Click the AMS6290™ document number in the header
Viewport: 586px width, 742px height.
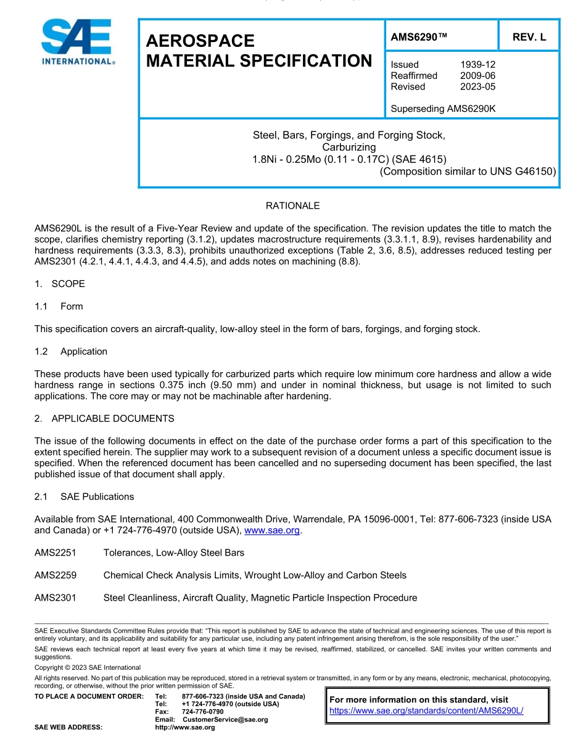(x=419, y=37)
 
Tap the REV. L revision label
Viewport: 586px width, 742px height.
(x=529, y=37)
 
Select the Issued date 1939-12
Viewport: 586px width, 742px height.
(x=477, y=64)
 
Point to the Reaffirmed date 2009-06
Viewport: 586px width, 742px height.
(x=477, y=75)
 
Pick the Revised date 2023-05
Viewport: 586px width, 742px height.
(x=477, y=86)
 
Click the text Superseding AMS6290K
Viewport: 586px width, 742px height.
(x=443, y=109)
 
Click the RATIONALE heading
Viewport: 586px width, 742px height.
(x=292, y=206)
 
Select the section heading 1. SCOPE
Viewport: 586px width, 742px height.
(x=60, y=284)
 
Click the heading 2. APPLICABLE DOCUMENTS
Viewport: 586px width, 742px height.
(x=104, y=419)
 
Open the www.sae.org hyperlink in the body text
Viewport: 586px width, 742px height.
(x=272, y=530)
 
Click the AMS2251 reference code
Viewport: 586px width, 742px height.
(x=56, y=552)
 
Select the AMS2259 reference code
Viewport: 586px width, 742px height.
(x=56, y=575)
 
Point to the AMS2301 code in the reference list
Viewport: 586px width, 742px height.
(x=56, y=598)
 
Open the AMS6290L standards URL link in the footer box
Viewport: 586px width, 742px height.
(x=426, y=711)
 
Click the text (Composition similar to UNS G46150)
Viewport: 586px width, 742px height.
(x=468, y=171)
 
